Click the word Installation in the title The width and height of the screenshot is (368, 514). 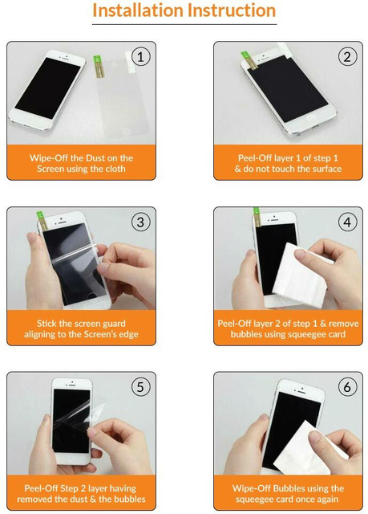(137, 11)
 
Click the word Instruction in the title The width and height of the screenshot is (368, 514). (231, 11)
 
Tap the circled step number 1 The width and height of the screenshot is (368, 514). (141, 56)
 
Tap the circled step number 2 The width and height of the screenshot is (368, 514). (347, 56)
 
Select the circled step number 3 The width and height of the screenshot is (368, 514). (141, 222)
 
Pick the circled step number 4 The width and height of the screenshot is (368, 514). (347, 222)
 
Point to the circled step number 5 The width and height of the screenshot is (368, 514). (141, 387)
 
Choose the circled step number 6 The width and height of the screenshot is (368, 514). (347, 387)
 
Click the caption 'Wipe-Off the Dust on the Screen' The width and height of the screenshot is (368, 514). (82, 163)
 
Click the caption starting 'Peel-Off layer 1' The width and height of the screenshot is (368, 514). (288, 163)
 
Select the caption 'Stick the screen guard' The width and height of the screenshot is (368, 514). (82, 328)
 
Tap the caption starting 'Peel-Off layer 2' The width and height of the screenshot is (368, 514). (288, 328)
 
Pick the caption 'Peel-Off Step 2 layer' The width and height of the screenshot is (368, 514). (82, 493)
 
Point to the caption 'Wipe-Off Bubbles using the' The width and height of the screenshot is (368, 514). (288, 493)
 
